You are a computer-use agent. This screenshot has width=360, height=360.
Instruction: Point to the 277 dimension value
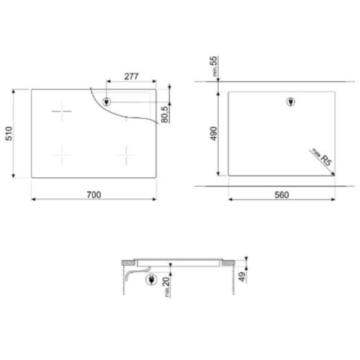(x=130, y=74)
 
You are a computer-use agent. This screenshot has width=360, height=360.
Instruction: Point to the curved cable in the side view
(x=130, y=276)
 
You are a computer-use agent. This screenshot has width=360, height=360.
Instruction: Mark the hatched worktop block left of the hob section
(x=127, y=262)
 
